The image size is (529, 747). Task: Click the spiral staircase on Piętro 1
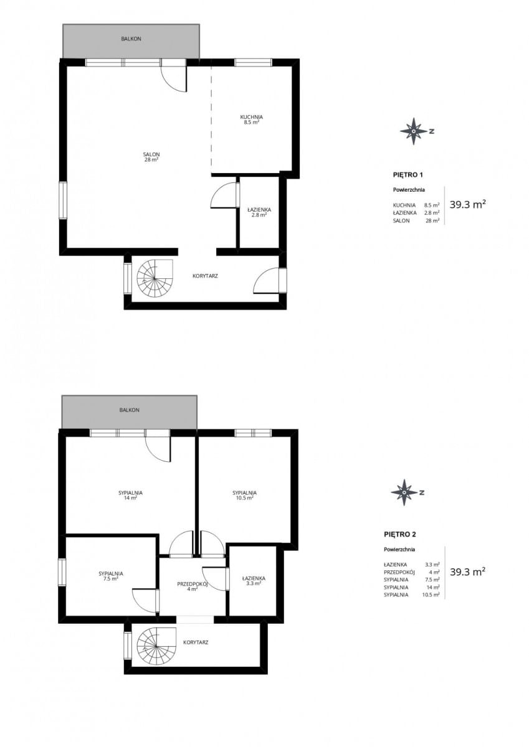pos(155,278)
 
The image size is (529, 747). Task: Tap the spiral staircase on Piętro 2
pos(156,646)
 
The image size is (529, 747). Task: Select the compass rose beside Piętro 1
pos(414,131)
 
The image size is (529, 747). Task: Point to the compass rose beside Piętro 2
pos(404,492)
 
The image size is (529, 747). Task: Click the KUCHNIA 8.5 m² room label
pos(251,120)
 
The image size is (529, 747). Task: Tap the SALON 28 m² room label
pos(151,157)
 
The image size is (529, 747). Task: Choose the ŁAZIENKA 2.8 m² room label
pos(259,212)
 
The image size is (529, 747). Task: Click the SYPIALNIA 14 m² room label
pos(130,496)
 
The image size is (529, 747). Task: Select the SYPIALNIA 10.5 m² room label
pos(245,496)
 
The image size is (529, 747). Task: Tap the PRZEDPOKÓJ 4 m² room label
pos(193,586)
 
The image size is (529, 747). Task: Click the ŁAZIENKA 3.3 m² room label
pos(254,581)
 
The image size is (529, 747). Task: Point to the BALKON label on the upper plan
pos(131,39)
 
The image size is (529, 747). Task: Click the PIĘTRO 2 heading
pos(400,535)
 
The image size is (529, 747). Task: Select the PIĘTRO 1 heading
pos(409,175)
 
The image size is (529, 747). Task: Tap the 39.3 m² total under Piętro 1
pos(467,204)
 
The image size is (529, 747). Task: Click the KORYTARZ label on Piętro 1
pos(205,276)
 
